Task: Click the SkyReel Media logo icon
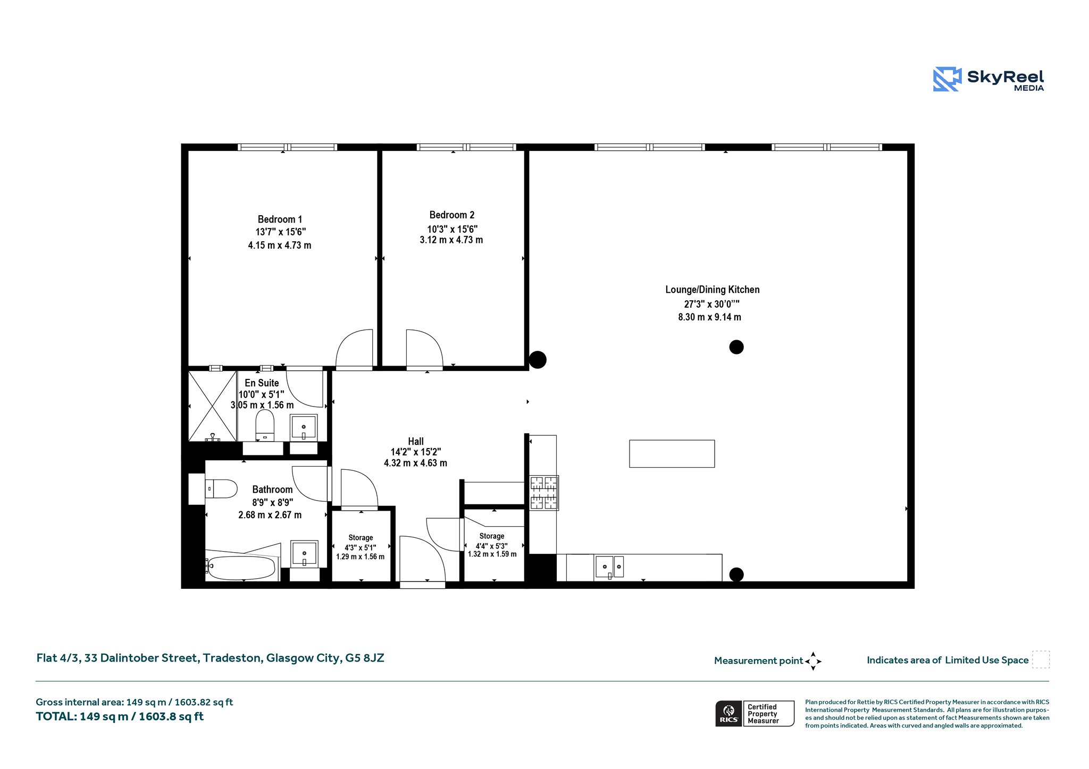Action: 947,79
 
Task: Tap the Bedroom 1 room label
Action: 280,219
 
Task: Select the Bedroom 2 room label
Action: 452,215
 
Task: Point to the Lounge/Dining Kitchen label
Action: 713,290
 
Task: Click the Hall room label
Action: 416,441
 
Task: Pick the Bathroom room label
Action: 272,489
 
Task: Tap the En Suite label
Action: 262,383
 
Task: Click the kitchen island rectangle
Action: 672,454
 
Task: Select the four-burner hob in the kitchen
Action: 544,493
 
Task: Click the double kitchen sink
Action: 609,567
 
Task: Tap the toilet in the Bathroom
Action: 221,488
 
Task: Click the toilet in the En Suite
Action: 265,425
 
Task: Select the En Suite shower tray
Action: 213,406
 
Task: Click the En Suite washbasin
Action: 304,427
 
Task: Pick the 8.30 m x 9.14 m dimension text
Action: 709,317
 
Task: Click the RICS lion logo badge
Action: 728,713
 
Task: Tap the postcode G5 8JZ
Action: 365,658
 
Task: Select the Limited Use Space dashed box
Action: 1041,660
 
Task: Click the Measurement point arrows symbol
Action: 813,661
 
